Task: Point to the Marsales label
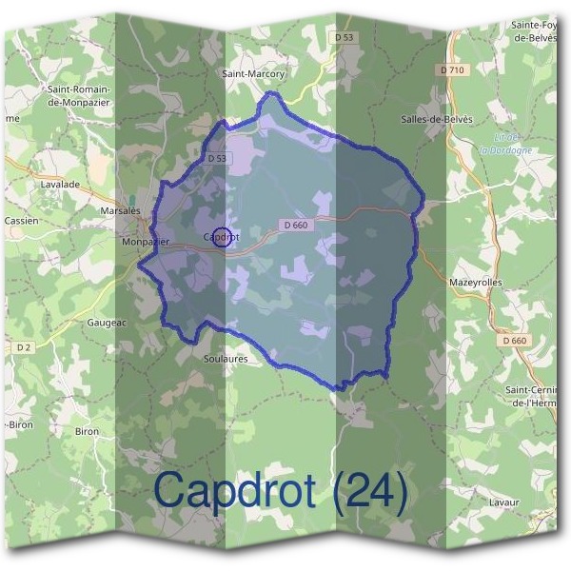(x=121, y=210)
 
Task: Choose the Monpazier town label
(x=146, y=242)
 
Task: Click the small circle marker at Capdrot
(x=221, y=237)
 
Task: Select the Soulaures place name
(x=226, y=359)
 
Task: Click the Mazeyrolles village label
(x=474, y=283)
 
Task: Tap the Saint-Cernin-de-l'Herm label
(x=534, y=396)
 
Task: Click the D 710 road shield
(x=453, y=70)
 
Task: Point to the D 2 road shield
(x=24, y=348)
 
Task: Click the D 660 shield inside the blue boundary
(x=297, y=225)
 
